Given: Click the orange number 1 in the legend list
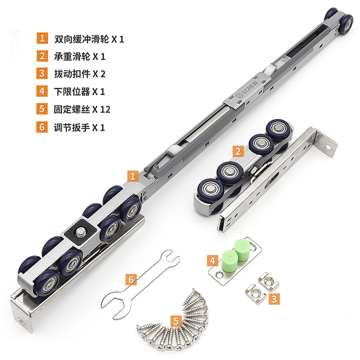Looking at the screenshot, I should coord(42,38).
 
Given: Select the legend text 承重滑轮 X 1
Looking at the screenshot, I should coord(76,56).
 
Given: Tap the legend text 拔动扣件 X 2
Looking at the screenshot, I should coord(76,74).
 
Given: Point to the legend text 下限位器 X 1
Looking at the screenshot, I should coord(76,91).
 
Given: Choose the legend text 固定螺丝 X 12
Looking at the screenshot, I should coord(79,109).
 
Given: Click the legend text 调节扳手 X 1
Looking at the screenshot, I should coord(76,127).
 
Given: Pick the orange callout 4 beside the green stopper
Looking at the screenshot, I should coord(213,260).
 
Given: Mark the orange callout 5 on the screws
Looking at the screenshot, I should coord(176,321).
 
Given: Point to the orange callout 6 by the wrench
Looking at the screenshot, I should coord(131,279).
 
